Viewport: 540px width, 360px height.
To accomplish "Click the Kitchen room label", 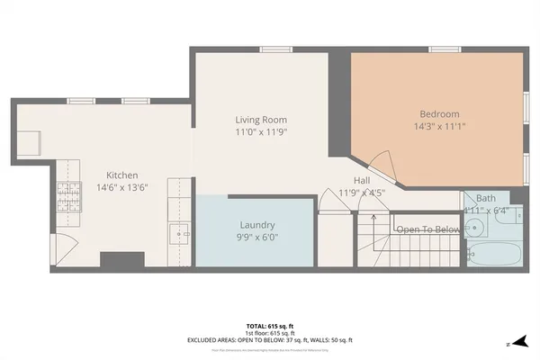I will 122,175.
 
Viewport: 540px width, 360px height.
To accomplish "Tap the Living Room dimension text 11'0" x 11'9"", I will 261,132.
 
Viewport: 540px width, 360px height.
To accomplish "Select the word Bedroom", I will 439,114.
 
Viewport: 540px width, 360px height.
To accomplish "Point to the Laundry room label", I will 256,224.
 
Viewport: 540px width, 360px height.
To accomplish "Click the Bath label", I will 486,198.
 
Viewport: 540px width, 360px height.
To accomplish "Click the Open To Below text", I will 428,229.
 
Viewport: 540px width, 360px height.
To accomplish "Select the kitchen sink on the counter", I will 180,234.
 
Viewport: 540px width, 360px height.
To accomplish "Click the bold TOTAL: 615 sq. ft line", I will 269,325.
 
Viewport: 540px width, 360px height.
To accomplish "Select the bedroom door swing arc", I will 382,165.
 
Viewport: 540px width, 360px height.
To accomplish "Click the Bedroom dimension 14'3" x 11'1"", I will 439,127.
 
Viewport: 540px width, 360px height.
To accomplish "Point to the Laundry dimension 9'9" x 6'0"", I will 256,237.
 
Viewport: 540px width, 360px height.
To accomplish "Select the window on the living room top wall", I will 270,49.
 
